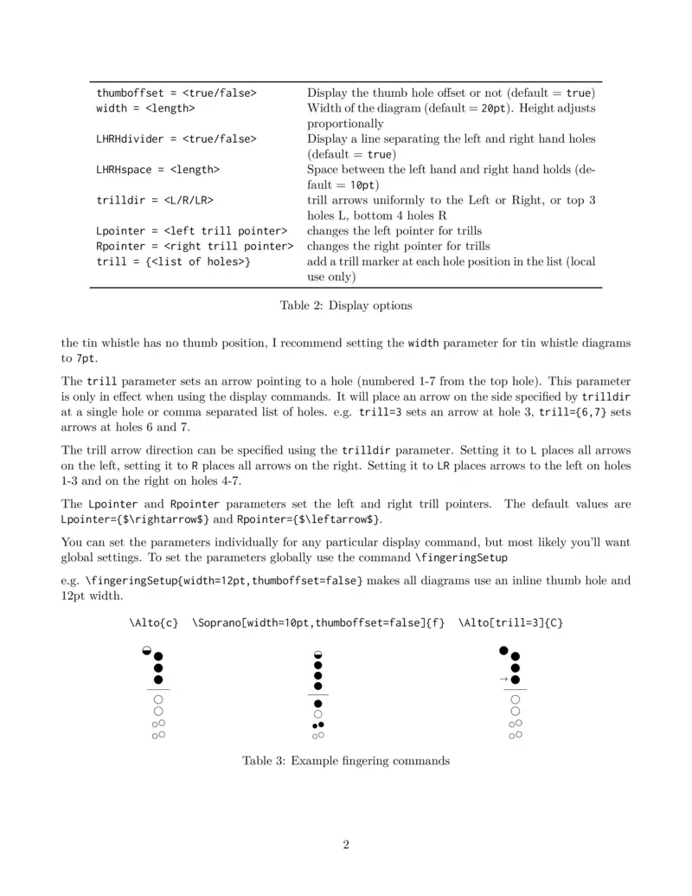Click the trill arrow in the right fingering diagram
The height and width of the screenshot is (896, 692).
503,680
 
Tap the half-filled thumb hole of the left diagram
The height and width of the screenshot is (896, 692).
147,651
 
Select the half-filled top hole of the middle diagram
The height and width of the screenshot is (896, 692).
317,654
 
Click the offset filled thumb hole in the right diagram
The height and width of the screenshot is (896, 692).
503,650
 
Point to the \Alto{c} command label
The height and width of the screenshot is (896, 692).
154,622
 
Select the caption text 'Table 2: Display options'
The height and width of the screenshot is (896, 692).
346,305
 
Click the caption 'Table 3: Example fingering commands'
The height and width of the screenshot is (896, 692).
346,761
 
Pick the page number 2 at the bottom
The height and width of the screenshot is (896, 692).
346,845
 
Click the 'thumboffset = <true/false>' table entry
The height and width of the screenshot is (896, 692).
176,93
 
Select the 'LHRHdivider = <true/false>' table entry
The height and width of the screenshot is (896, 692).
176,139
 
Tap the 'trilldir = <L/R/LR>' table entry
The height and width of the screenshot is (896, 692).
155,200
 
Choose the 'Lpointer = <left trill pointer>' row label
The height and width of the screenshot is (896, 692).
191,230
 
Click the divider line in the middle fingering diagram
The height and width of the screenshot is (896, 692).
317,694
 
